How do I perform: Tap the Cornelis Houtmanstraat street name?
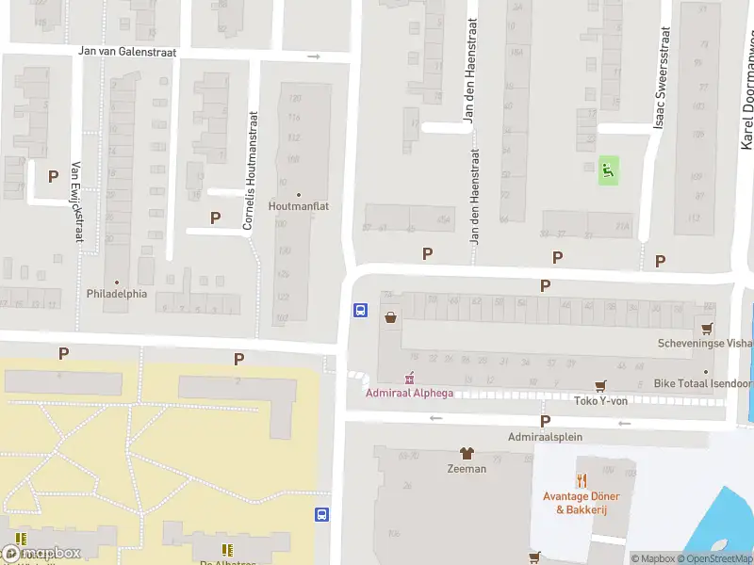tap(250, 171)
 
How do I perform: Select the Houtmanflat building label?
tap(298, 205)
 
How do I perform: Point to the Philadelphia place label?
tap(117, 293)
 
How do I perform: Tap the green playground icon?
tap(609, 170)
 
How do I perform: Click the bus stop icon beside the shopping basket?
tap(359, 310)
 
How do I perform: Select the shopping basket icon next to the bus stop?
tap(390, 317)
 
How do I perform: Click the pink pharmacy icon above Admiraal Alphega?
tap(408, 379)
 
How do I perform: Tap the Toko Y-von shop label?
tap(600, 400)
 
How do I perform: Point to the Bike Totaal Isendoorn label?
tap(703, 384)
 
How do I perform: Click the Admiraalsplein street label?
tap(545, 437)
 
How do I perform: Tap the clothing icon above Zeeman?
tap(466, 453)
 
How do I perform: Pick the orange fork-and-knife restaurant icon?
tap(581, 481)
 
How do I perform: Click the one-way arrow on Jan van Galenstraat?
tap(314, 56)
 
